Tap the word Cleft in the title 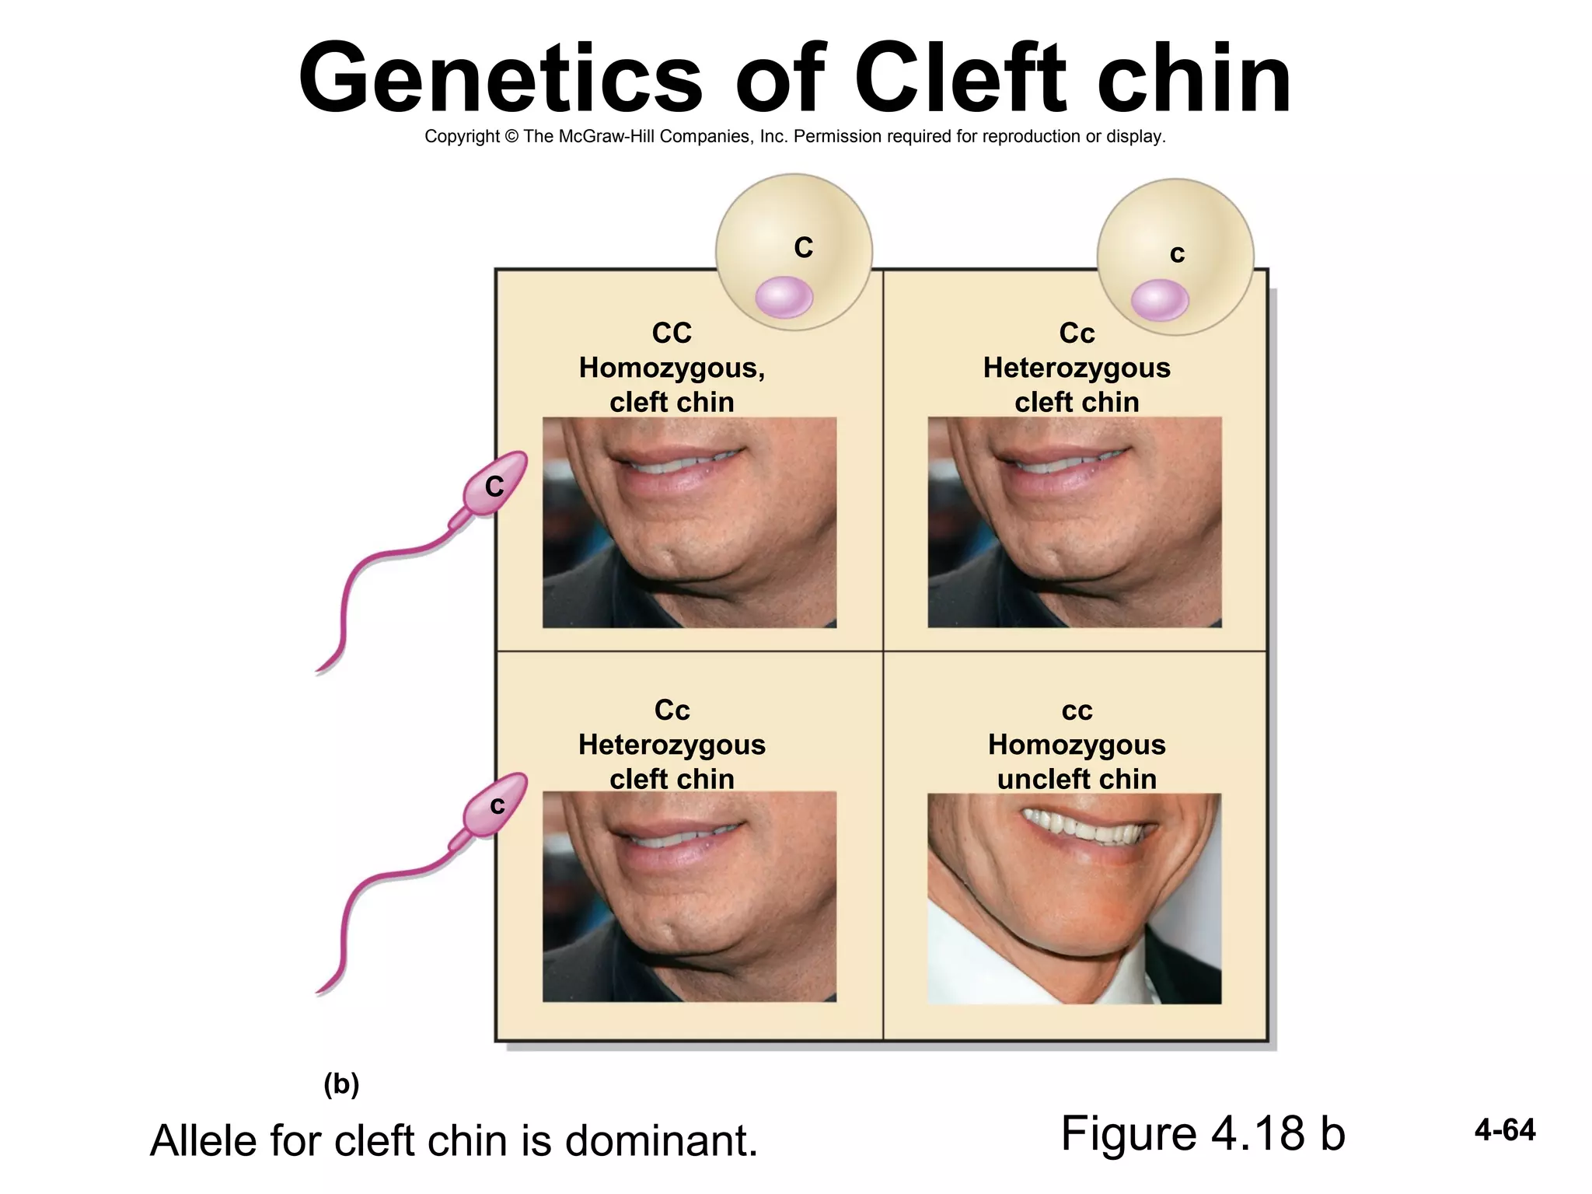pyautogui.click(x=959, y=78)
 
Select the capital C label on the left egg pyautogui.click(x=803, y=248)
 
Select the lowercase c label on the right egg pyautogui.click(x=1177, y=254)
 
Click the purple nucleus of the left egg pyautogui.click(x=784, y=298)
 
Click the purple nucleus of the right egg pyautogui.click(x=1159, y=300)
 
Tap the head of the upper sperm pyautogui.click(x=495, y=484)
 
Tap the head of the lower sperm pyautogui.click(x=495, y=805)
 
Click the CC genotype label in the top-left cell pyautogui.click(x=672, y=333)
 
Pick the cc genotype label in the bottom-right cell pyautogui.click(x=1077, y=710)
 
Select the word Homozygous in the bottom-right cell pyautogui.click(x=1077, y=745)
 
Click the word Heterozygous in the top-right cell pyautogui.click(x=1077, y=368)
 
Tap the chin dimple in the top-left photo pyautogui.click(x=670, y=557)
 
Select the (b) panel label pyautogui.click(x=341, y=1084)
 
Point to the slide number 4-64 pyautogui.click(x=1505, y=1130)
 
